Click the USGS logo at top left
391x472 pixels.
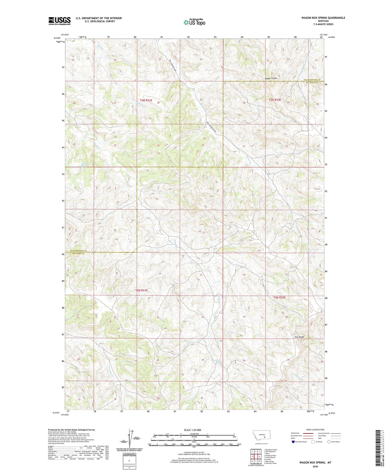(x=59, y=21)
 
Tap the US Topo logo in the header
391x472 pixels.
(x=194, y=22)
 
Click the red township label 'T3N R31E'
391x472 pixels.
(x=144, y=100)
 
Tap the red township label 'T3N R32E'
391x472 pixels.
(x=275, y=100)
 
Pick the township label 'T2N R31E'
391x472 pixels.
(x=142, y=290)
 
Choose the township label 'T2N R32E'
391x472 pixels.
(x=279, y=297)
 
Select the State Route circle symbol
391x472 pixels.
(x=329, y=442)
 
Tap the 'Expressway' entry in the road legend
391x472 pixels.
(x=295, y=433)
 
